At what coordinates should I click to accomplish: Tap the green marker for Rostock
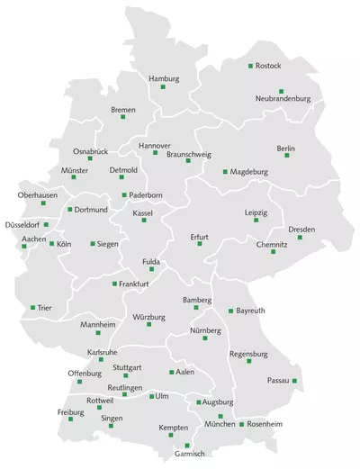click(250, 66)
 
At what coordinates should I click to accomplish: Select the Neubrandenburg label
click(283, 98)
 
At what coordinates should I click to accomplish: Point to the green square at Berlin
click(287, 156)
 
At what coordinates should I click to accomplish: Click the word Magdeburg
click(249, 171)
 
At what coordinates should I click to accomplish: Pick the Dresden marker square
click(300, 237)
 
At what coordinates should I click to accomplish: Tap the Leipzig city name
click(256, 212)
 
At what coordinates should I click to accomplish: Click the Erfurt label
click(199, 237)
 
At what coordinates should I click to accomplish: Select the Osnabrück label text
click(91, 150)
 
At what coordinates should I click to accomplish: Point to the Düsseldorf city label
click(22, 224)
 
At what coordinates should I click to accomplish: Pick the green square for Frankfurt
click(114, 284)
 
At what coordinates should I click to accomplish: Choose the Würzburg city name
click(149, 318)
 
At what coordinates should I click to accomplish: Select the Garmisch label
click(190, 454)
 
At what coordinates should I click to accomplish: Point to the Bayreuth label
click(250, 311)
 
